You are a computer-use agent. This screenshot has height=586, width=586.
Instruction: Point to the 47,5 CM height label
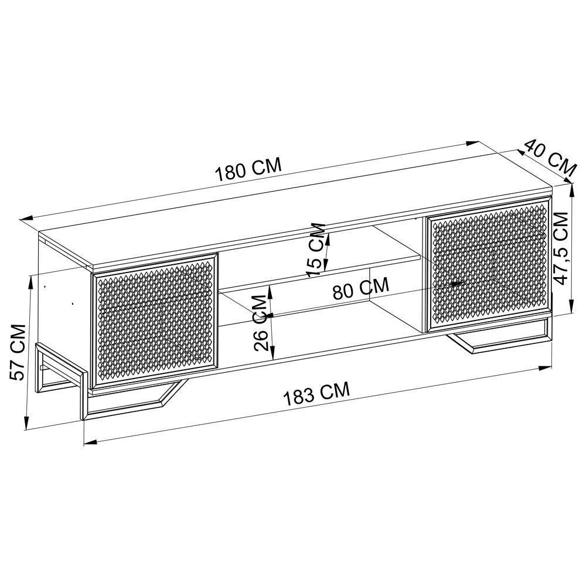pos(561,248)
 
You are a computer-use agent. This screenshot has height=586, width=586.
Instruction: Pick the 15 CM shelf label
pos(316,249)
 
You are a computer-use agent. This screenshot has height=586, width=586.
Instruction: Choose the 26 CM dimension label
pos(263,322)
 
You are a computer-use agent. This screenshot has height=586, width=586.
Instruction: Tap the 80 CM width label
pos(360,289)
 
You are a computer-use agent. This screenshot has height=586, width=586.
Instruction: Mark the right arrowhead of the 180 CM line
pos(473,144)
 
